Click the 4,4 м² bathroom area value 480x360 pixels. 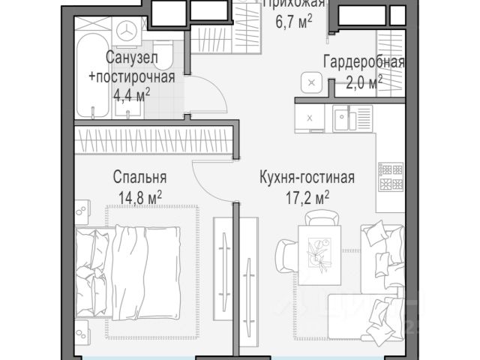coord(130,94)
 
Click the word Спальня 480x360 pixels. coord(139,178)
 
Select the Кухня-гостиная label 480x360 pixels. coord(306,178)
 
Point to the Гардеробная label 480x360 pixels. coord(364,61)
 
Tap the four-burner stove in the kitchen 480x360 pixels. coord(390,178)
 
